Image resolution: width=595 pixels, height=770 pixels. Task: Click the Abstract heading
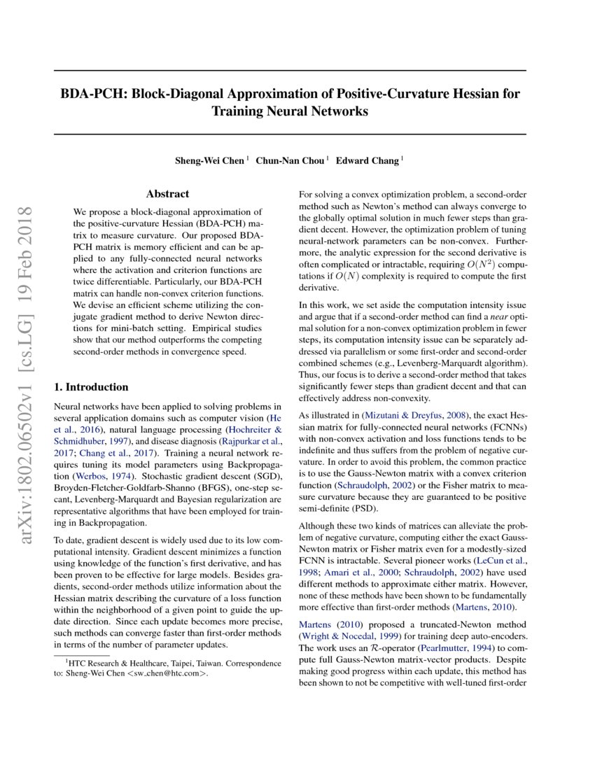167,194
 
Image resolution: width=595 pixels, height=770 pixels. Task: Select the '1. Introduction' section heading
91,387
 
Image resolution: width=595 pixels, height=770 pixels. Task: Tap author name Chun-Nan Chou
290,160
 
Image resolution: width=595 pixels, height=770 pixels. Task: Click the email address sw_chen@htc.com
168,674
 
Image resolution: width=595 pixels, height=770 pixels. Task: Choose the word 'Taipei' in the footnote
177,663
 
